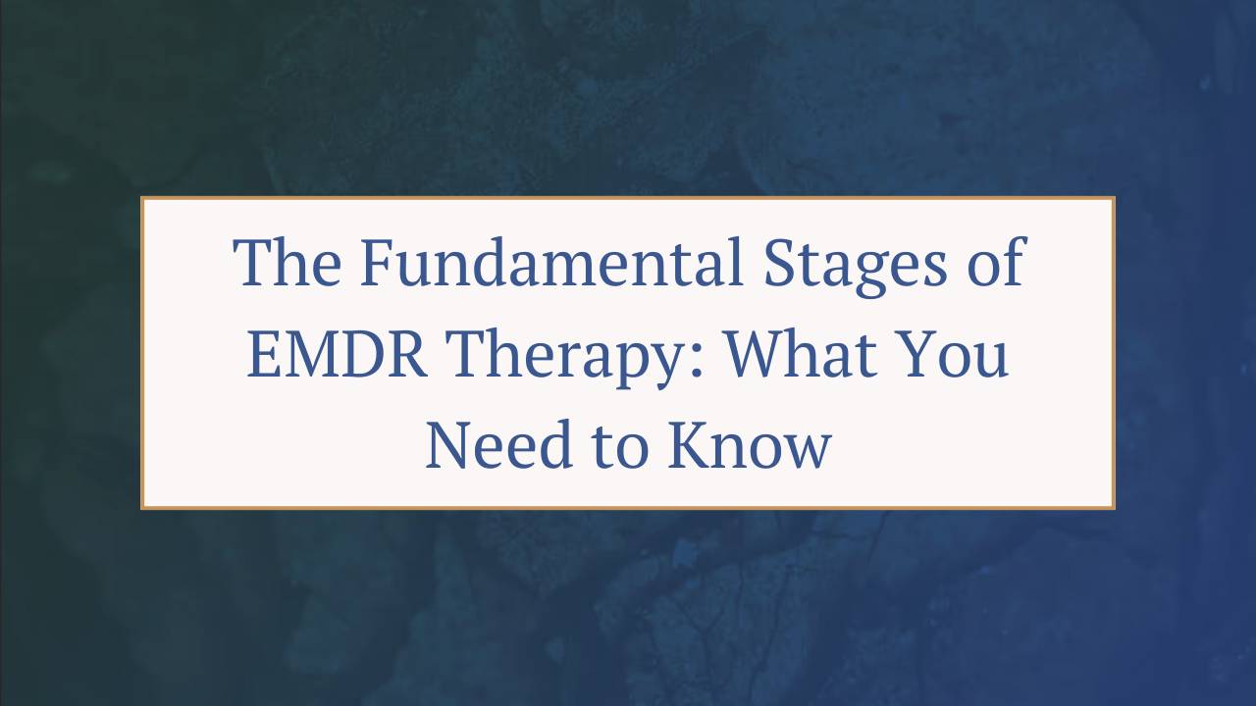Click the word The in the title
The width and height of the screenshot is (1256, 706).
coord(288,263)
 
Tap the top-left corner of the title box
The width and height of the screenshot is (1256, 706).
coord(142,198)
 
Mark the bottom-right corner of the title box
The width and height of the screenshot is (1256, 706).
coord(1114,508)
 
